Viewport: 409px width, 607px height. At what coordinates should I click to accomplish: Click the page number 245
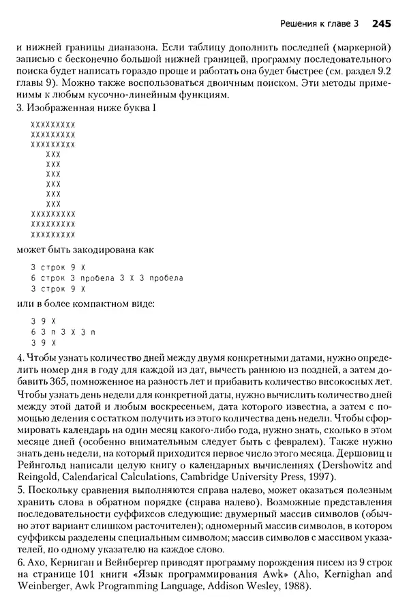pos(381,24)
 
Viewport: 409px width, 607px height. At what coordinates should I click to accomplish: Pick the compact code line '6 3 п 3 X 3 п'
pos(64,330)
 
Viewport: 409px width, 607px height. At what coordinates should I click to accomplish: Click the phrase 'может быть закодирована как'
pos(85,249)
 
